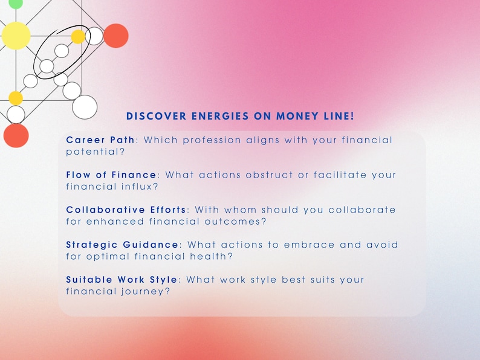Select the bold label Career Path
[x=100, y=140]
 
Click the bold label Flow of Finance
[x=111, y=175]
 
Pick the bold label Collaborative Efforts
[x=126, y=210]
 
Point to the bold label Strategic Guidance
[x=122, y=245]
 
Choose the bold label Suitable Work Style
[x=122, y=280]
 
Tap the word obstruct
[x=266, y=175]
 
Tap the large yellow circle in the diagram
[x=16, y=36]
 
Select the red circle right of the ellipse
[x=115, y=36]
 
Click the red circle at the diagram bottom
[x=16, y=135]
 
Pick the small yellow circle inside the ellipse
[x=78, y=37]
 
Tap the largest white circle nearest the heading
[x=85, y=107]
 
